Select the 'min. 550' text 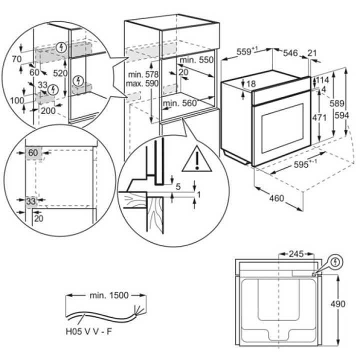click(198, 60)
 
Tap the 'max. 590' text click(140, 83)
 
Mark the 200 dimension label click(48, 110)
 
